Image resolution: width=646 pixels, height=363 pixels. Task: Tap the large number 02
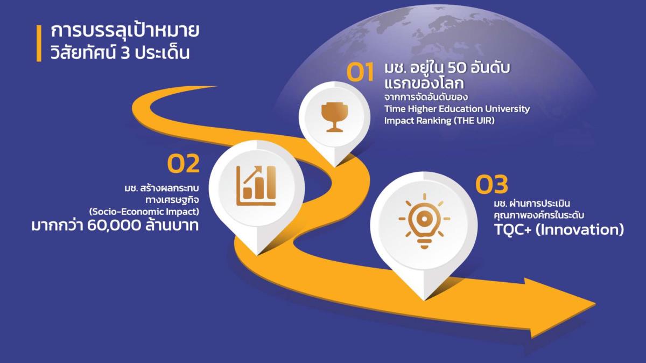coord(184,164)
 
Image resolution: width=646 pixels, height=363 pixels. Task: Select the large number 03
coord(491,184)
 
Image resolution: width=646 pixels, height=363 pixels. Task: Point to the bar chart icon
coord(256,186)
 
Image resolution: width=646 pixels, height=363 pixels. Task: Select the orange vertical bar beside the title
coord(39,44)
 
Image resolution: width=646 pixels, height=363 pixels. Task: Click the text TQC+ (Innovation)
coord(559,229)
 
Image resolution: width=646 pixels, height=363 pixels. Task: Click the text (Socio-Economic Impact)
coord(144,212)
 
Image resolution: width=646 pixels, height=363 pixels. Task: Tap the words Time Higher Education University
coord(457,109)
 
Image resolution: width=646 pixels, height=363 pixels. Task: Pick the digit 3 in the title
coord(125,53)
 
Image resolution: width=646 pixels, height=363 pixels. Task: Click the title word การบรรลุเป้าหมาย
coord(125,31)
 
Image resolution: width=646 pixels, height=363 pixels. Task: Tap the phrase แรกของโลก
coord(424,83)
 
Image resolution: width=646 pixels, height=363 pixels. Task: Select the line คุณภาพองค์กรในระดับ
coord(539,215)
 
